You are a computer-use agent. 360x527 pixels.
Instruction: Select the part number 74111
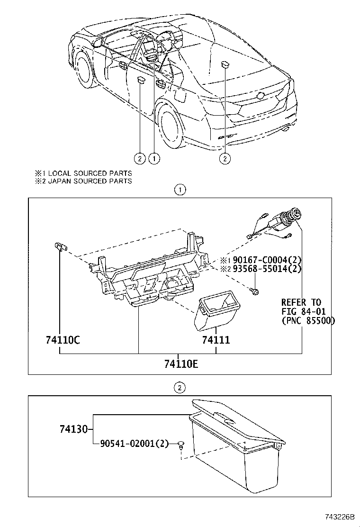[216, 340]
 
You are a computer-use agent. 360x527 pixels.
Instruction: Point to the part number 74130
[74, 429]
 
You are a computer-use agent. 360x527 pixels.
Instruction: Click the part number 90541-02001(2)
[134, 444]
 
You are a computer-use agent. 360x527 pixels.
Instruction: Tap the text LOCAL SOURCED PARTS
[90, 173]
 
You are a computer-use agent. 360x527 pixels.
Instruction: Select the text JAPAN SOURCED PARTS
[90, 181]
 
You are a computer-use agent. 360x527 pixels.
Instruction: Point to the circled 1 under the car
[154, 158]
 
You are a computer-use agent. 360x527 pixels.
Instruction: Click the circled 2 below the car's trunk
[225, 158]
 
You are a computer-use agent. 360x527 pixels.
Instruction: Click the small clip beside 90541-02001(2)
[181, 445]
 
